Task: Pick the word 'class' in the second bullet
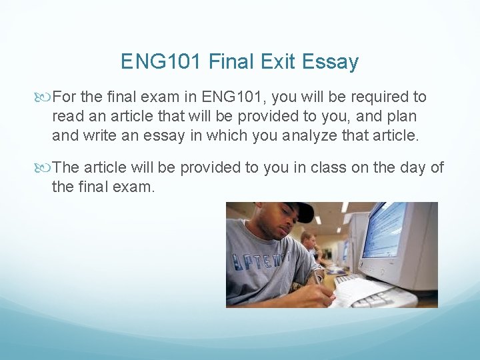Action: click(x=316, y=167)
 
